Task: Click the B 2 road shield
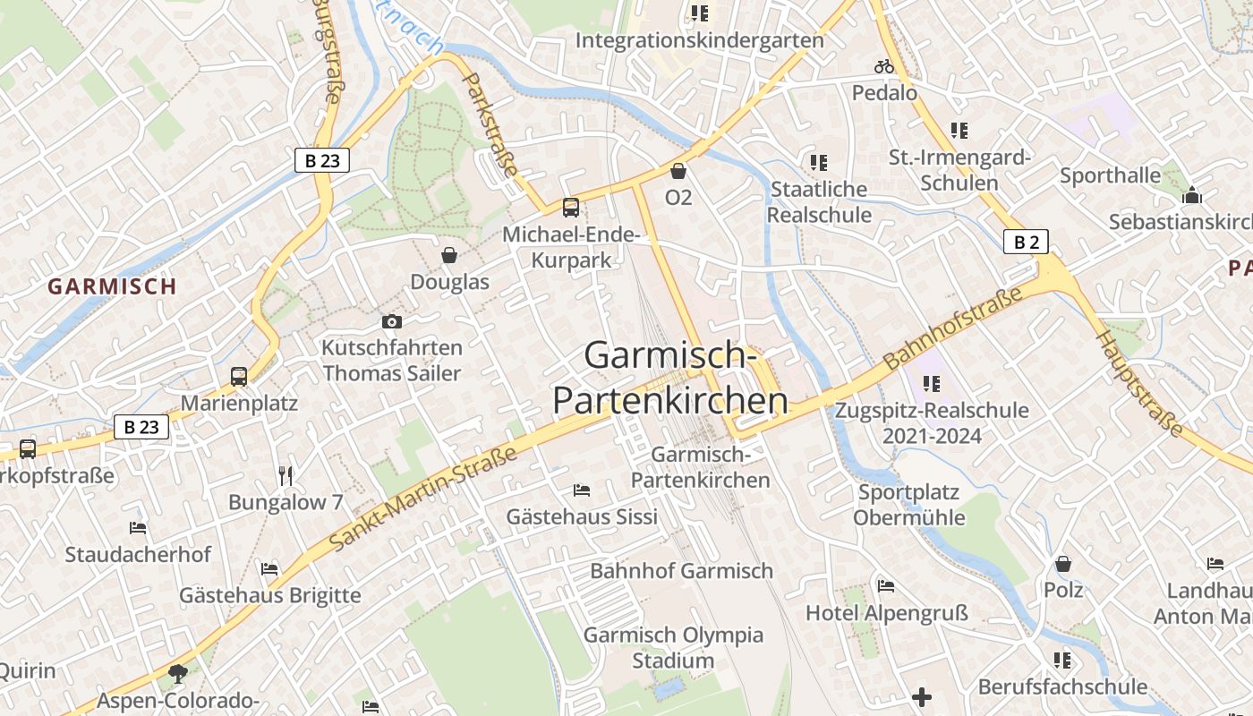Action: (1025, 242)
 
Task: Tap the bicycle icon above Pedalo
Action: (884, 66)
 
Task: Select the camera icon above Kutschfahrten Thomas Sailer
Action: (391, 321)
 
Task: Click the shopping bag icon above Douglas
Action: (449, 256)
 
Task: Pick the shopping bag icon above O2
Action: (678, 171)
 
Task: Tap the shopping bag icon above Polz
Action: (1063, 564)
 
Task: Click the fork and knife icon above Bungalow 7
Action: (286, 475)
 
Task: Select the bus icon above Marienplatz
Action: (239, 377)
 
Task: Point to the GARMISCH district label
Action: (112, 286)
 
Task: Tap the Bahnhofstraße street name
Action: (952, 328)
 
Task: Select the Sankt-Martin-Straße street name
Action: (423, 499)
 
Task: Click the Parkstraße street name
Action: (490, 124)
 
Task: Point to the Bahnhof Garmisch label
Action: (681, 571)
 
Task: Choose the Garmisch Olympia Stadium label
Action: (673, 648)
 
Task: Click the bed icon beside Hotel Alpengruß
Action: (886, 586)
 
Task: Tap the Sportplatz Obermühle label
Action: (908, 505)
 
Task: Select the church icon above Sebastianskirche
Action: (1191, 196)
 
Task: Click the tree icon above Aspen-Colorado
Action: (178, 673)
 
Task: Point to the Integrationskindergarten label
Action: (699, 40)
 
